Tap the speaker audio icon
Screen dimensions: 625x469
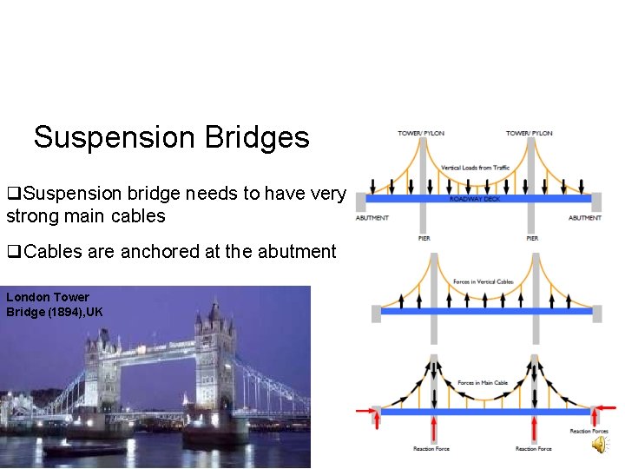coord(601,446)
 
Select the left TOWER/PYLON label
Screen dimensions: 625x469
coord(421,133)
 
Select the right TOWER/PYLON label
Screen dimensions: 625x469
coord(530,133)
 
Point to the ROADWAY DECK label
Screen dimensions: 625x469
coord(475,199)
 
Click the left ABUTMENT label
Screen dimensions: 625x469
coord(372,218)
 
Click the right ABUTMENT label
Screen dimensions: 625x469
coord(585,218)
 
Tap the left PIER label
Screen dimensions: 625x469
coord(424,238)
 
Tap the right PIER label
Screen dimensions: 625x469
coord(532,238)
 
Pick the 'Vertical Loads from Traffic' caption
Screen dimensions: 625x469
coord(476,168)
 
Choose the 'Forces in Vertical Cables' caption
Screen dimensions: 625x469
coord(482,281)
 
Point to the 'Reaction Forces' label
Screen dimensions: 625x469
coord(589,432)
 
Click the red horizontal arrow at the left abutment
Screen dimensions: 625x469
coord(365,411)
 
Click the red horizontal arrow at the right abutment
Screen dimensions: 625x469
coord(604,411)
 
